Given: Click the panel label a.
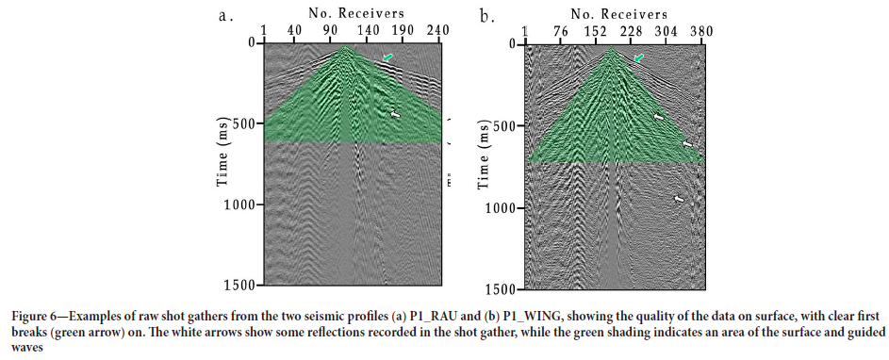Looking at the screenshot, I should [223, 16].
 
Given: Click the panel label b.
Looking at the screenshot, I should [486, 16].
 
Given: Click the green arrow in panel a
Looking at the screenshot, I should [388, 58].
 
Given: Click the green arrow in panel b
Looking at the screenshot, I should [640, 58].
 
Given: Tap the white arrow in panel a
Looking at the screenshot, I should [395, 114].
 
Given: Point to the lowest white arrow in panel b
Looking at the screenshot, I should [679, 199].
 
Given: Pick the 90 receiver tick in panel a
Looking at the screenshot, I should [331, 31].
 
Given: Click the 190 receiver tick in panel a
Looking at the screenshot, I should [403, 31].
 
